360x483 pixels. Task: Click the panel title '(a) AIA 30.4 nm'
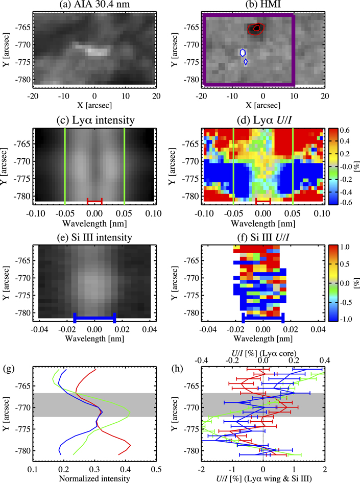[x=94, y=6]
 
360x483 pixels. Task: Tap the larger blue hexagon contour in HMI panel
[x=243, y=52]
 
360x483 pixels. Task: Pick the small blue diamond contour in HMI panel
[x=246, y=62]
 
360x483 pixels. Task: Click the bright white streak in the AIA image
[x=92, y=51]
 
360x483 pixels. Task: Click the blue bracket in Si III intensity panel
[x=94, y=317]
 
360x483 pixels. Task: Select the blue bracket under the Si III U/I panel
[x=262, y=317]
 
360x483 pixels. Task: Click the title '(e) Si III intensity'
[x=94, y=237]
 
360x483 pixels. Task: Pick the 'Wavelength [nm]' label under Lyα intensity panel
[x=94, y=223]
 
